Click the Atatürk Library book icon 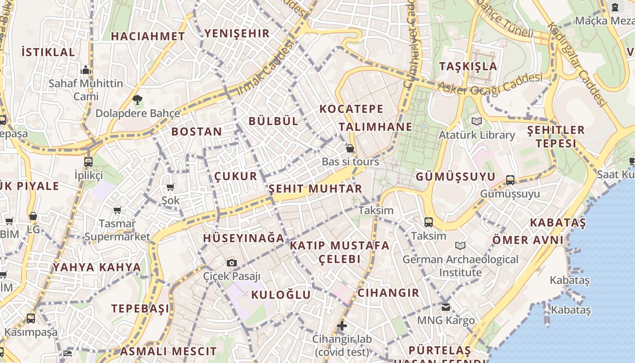476,121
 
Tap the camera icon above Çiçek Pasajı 231,263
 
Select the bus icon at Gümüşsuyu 510,180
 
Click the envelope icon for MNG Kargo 446,307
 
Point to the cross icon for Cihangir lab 342,325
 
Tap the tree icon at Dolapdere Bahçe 137,99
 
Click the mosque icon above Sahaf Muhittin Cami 86,70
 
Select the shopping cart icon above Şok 171,187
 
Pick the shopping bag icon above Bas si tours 350,148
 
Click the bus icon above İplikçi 88,162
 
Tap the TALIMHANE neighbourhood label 376,127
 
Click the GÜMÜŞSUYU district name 455,176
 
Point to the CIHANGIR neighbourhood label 388,293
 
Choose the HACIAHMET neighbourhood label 148,36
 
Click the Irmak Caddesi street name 265,68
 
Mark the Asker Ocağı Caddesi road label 490,84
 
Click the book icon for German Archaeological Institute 460,245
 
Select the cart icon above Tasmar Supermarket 117,210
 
